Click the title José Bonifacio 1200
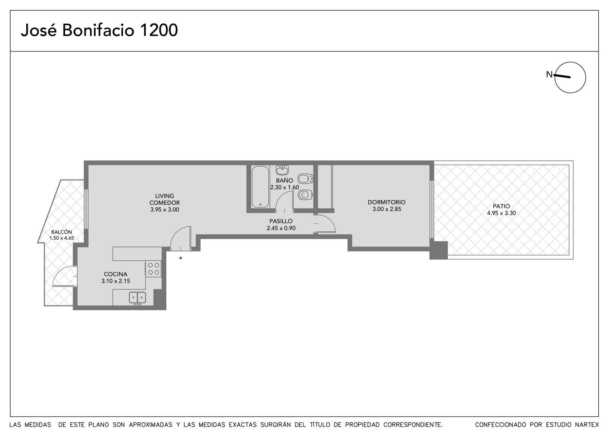99,30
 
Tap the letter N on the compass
549,74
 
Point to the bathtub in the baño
260,186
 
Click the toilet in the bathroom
305,195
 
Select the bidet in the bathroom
305,179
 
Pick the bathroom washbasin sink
282,170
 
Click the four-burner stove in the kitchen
153,269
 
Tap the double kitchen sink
137,298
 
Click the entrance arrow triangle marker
180,258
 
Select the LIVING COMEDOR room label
164,199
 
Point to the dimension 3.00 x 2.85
387,209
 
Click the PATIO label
501,206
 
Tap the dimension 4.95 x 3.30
501,213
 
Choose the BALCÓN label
61,232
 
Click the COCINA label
116,274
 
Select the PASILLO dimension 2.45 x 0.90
281,228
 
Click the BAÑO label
284,180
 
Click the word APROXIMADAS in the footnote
151,425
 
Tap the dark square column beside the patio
438,250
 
